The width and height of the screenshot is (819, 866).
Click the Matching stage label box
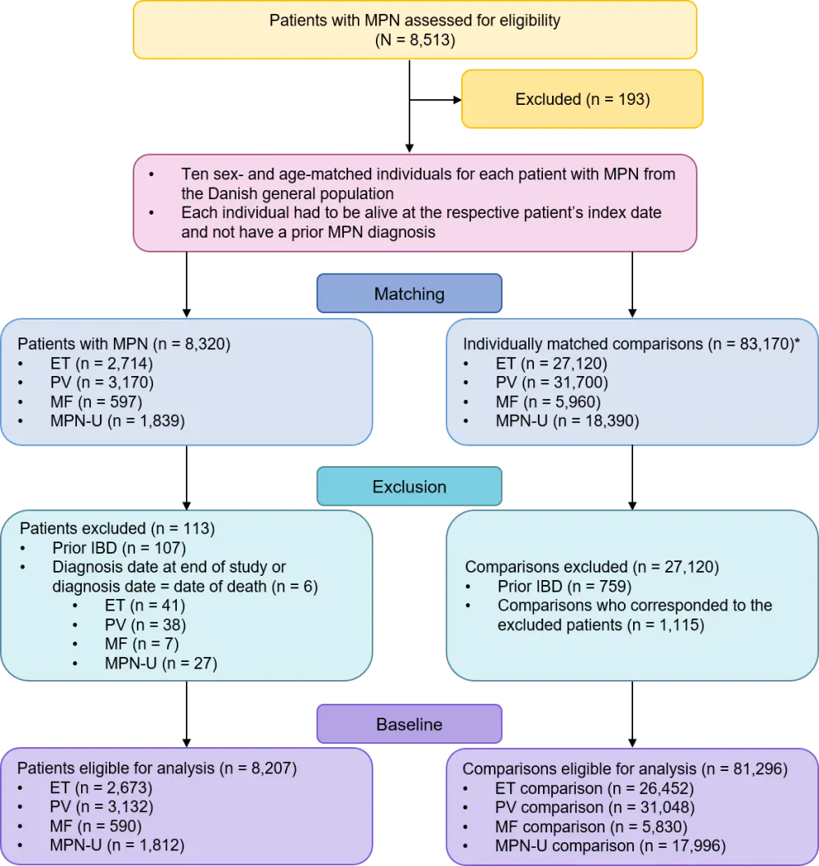409,294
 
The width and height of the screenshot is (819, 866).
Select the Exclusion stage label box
409,487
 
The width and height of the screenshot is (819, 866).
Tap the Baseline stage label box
409,724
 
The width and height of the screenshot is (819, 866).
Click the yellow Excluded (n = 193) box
582,99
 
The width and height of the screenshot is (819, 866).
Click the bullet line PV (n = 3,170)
102,382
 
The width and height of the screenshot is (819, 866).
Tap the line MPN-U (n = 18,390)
567,421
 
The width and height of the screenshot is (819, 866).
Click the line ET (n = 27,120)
551,363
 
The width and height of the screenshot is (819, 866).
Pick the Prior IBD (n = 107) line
120,547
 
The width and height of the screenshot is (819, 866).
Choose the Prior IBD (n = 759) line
563,586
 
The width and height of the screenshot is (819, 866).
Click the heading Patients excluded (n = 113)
117,528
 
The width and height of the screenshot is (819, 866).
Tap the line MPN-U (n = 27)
161,664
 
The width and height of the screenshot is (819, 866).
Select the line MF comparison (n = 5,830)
591,827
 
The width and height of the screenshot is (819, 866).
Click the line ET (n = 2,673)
102,788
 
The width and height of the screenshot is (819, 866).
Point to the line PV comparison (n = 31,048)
595,807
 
